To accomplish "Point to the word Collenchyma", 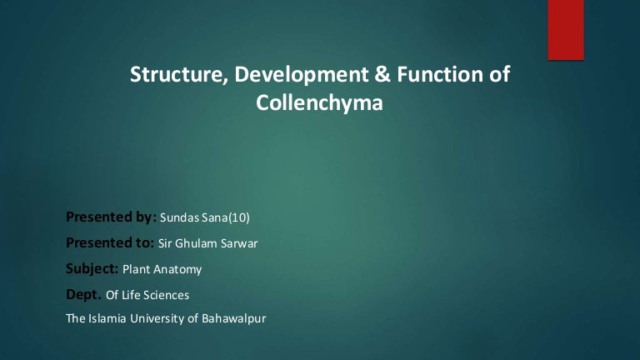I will (320, 104).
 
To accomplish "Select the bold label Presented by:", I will (110, 218).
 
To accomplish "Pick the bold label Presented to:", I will (109, 244).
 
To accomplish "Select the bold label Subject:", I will (92, 269).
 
